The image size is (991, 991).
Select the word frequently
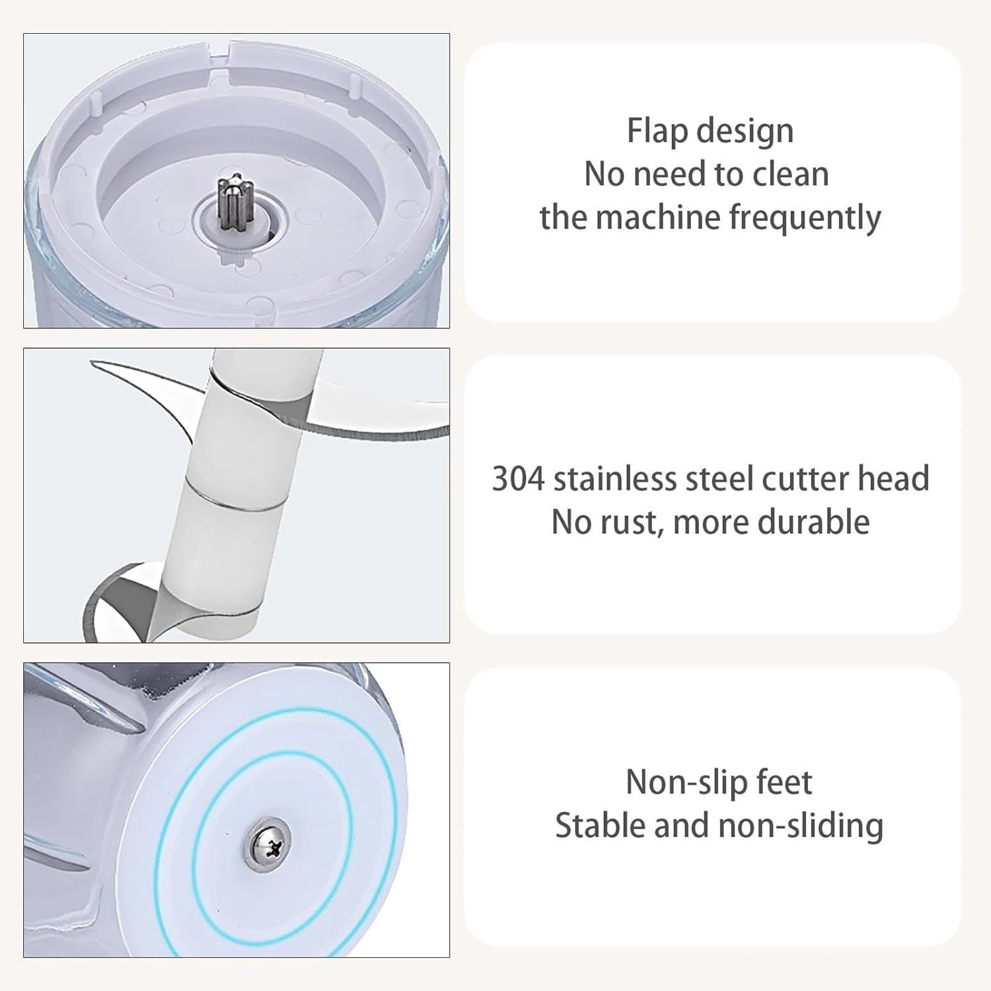(x=805, y=218)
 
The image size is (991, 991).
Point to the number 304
(x=518, y=479)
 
